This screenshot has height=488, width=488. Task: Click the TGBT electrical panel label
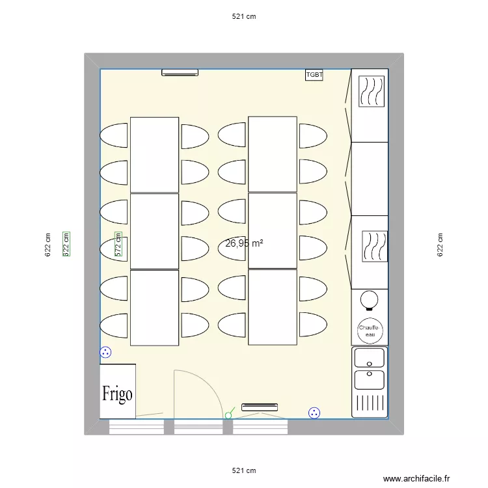click(314, 75)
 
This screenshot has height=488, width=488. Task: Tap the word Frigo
click(117, 394)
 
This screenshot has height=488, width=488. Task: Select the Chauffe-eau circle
click(370, 331)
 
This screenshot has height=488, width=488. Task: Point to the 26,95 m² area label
click(244, 243)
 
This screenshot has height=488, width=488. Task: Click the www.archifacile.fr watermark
click(416, 478)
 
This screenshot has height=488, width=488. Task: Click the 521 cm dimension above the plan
click(243, 18)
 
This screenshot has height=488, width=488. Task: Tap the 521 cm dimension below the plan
click(243, 470)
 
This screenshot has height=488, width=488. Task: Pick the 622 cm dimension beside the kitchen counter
click(441, 245)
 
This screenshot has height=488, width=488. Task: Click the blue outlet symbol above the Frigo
click(105, 353)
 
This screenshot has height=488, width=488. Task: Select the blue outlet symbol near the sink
click(314, 412)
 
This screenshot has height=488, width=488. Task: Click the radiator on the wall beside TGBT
click(180, 73)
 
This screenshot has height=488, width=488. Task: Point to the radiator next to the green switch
click(260, 407)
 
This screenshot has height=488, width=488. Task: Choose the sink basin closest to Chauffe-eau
click(368, 358)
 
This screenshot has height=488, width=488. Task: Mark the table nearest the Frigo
click(154, 307)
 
